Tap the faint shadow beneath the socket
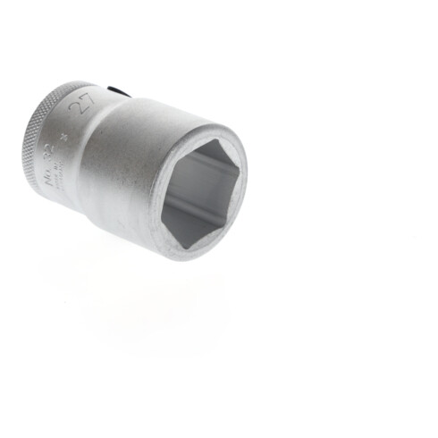pyautogui.click(x=134, y=286)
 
